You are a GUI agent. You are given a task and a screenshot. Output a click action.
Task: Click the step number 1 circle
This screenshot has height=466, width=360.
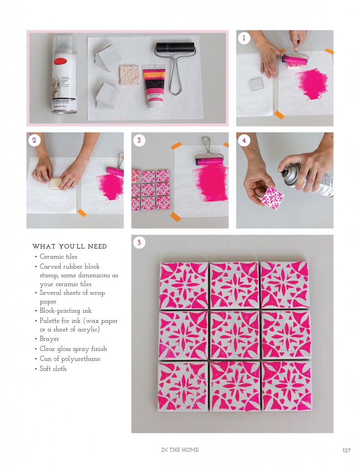(x=244, y=38)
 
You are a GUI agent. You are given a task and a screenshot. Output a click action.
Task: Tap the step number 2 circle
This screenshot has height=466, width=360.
(x=34, y=140)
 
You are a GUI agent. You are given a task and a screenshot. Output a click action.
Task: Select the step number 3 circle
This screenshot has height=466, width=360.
(x=139, y=140)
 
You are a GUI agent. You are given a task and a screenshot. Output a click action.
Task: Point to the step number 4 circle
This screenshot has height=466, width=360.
(x=244, y=140)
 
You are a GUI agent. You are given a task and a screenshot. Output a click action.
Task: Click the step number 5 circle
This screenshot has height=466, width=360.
(x=139, y=243)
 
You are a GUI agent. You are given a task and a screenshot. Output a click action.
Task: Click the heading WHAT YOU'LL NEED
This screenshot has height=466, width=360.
(x=70, y=246)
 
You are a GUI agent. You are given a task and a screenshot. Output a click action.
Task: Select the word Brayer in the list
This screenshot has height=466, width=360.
(x=49, y=339)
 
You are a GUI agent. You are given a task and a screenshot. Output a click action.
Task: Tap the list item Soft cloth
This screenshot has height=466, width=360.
(x=53, y=369)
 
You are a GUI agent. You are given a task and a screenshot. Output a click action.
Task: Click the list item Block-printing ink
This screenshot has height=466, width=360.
(x=66, y=311)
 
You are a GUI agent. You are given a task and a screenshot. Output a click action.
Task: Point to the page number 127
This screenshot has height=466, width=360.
(x=346, y=451)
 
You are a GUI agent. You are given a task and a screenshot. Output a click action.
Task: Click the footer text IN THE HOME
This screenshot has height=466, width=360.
(x=180, y=450)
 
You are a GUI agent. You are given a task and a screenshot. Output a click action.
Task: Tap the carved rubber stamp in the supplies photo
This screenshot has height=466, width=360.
(x=130, y=75)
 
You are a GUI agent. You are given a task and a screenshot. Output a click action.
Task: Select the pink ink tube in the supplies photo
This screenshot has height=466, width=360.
(x=153, y=87)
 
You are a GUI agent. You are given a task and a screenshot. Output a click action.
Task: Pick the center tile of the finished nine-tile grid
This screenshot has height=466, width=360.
(x=234, y=335)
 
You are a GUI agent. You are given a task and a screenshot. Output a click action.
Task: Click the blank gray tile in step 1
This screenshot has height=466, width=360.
(x=256, y=84)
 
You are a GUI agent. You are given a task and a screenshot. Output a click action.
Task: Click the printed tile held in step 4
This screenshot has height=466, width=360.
(x=273, y=198)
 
